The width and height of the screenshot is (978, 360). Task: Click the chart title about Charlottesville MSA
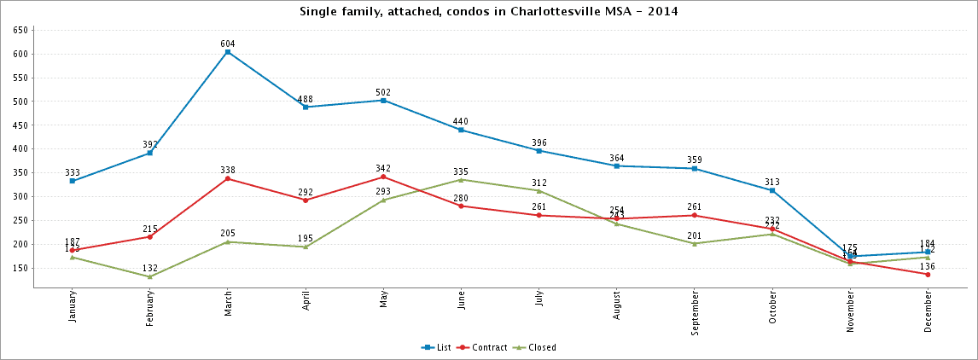coord(489,11)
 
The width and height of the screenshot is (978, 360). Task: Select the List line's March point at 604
coord(228,52)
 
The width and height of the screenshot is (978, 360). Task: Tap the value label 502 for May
coord(384,92)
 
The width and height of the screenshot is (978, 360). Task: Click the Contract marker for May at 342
coord(384,177)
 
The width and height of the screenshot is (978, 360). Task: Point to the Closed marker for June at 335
coord(462,180)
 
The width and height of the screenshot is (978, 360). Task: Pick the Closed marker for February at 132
coord(150,276)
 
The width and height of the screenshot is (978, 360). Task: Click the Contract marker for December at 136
coord(928,274)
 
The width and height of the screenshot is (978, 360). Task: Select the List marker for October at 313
coord(772,190)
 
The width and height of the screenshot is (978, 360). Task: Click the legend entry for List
coord(437,348)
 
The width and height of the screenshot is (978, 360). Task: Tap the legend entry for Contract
coord(483,348)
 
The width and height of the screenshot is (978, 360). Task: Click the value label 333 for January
coord(73,172)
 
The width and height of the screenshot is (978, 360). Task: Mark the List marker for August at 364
coord(617,165)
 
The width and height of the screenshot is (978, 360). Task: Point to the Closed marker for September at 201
coord(695,244)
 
